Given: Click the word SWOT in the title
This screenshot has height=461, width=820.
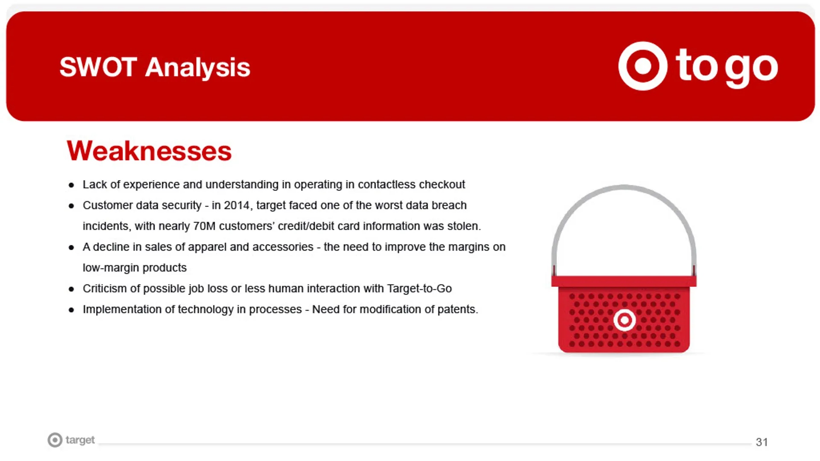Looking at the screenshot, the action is [x=98, y=67].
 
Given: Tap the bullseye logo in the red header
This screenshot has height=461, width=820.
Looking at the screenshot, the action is [x=643, y=66].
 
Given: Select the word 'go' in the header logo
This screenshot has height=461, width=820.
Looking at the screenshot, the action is [x=752, y=68].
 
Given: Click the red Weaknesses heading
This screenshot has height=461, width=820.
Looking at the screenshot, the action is [x=149, y=151].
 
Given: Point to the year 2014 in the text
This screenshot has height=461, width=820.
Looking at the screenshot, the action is [x=237, y=205].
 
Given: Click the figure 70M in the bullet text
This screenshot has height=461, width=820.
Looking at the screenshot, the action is [x=204, y=226].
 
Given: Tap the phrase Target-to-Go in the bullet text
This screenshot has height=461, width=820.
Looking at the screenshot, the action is [x=419, y=289].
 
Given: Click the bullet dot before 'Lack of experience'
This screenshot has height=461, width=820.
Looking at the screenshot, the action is [x=71, y=185].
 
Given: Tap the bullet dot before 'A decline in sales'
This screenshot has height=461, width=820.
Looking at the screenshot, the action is [x=71, y=248].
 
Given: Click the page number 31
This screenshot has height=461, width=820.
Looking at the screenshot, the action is [x=762, y=442].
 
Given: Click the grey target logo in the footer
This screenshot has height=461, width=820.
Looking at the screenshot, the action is [x=71, y=440].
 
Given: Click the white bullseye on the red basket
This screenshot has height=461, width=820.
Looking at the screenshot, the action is [x=624, y=320].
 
